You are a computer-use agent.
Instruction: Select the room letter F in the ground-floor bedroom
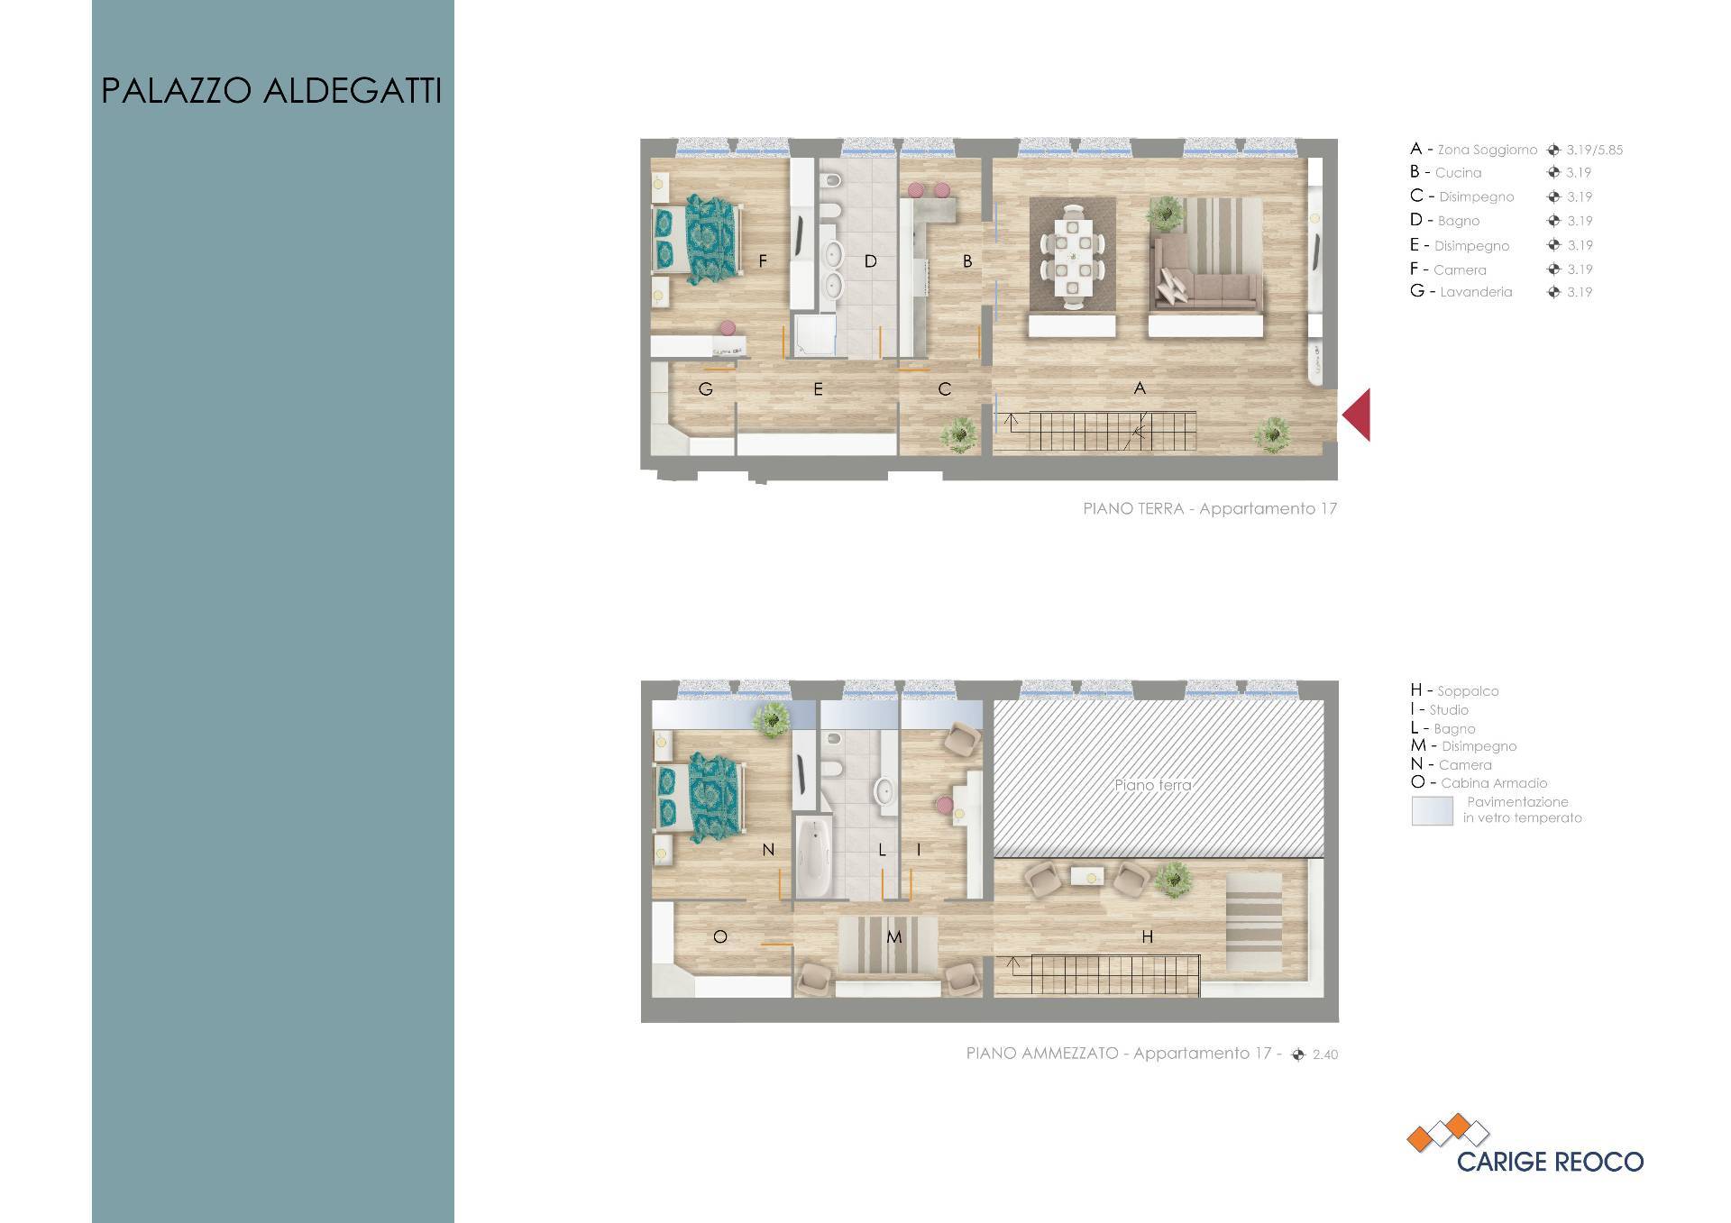[763, 261]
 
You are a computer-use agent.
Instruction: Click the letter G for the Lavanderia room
[706, 389]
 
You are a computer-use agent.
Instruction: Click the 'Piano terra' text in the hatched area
[1153, 785]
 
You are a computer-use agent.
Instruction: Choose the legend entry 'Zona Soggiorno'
[1487, 150]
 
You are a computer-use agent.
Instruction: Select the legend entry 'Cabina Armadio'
[1493, 783]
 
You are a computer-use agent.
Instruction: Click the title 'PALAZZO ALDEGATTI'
[271, 91]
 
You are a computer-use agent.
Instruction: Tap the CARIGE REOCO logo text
[1550, 1162]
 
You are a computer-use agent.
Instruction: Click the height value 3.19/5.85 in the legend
[1594, 151]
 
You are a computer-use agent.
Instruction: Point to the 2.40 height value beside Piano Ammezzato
[1325, 1054]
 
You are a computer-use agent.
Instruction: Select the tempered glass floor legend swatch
[1433, 810]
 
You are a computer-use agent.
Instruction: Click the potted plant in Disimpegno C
[957, 434]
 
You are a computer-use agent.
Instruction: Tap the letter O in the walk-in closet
[720, 937]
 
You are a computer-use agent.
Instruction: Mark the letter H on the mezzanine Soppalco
[1148, 937]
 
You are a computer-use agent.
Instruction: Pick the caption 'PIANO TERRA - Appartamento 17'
[1210, 509]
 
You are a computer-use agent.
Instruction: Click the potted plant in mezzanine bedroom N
[772, 721]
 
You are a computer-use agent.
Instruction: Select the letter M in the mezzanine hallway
[893, 937]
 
